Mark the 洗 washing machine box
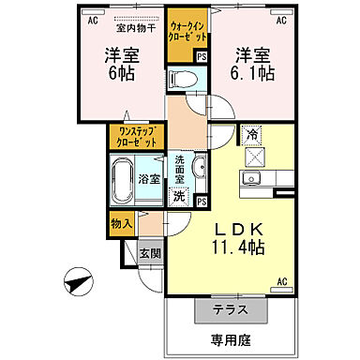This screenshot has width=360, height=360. tap(179, 197)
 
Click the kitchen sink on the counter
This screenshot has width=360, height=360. tap(251, 179)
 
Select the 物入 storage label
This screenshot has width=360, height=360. tap(120, 223)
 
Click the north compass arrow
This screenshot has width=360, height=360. tap(79, 279)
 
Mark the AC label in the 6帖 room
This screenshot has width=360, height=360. tap(93, 18)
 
